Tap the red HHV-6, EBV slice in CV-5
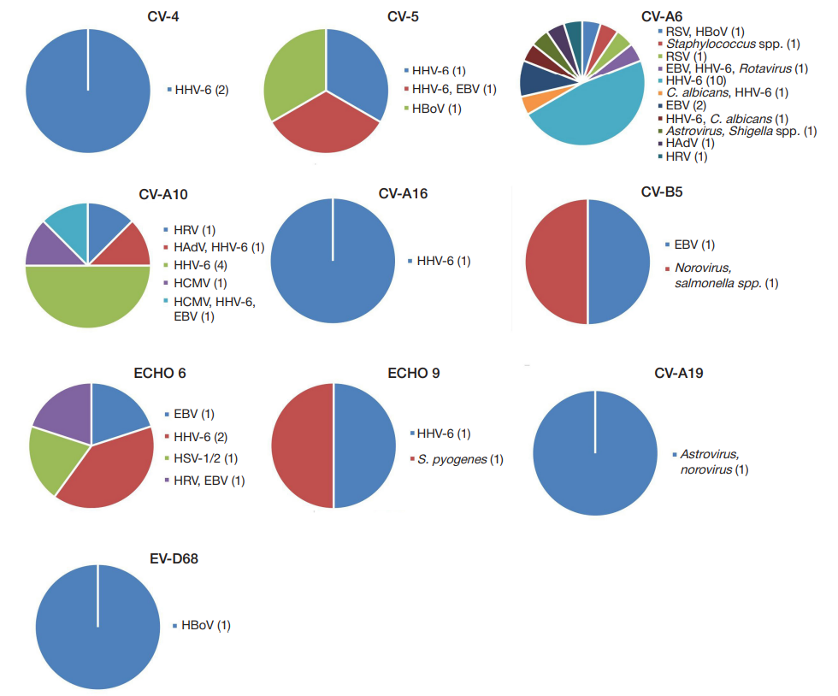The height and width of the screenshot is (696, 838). (325, 128)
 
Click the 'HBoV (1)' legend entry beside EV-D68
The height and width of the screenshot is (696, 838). (205, 625)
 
